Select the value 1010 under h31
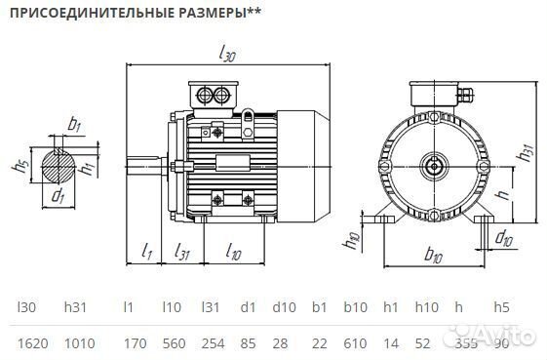click(x=78, y=342)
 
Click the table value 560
click(x=174, y=342)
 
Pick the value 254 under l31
click(x=212, y=342)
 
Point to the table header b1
click(x=318, y=306)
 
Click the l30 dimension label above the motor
click(x=228, y=55)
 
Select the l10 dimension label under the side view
click(x=234, y=253)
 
